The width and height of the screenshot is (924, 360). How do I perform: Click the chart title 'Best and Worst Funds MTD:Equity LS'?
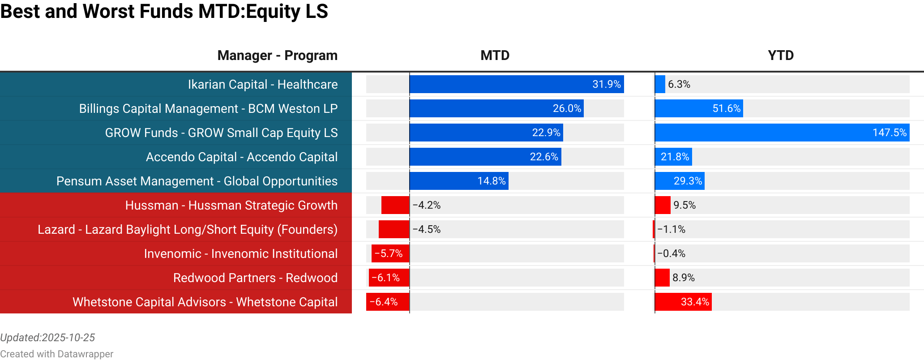coord(164,12)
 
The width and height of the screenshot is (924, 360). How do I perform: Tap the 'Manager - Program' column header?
coord(277,56)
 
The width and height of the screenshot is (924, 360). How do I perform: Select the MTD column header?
coord(495,56)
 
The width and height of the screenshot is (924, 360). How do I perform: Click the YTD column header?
coord(781,56)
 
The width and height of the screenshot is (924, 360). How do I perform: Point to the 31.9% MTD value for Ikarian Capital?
coord(606,85)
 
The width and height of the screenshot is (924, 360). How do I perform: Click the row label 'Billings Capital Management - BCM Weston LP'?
coord(208,109)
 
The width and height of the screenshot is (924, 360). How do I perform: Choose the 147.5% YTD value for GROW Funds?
coord(889,133)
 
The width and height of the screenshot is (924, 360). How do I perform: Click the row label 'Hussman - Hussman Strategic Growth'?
coord(231,206)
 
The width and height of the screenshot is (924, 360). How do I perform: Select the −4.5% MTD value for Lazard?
coord(427,230)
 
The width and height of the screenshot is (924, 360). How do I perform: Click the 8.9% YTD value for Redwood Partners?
coord(683,278)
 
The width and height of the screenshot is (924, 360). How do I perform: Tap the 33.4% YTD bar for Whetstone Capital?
coord(683,302)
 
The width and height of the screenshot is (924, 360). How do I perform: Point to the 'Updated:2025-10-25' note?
coord(47,338)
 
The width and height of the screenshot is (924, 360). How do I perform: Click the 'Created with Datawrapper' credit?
coord(56,354)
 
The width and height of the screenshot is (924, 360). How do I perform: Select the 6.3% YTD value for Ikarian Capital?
coord(679,85)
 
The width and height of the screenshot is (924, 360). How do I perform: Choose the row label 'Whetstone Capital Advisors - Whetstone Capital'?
coord(205,302)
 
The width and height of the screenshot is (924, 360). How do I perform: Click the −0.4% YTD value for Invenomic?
coord(671,254)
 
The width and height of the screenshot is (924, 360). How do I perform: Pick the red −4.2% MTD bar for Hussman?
coord(395,206)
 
